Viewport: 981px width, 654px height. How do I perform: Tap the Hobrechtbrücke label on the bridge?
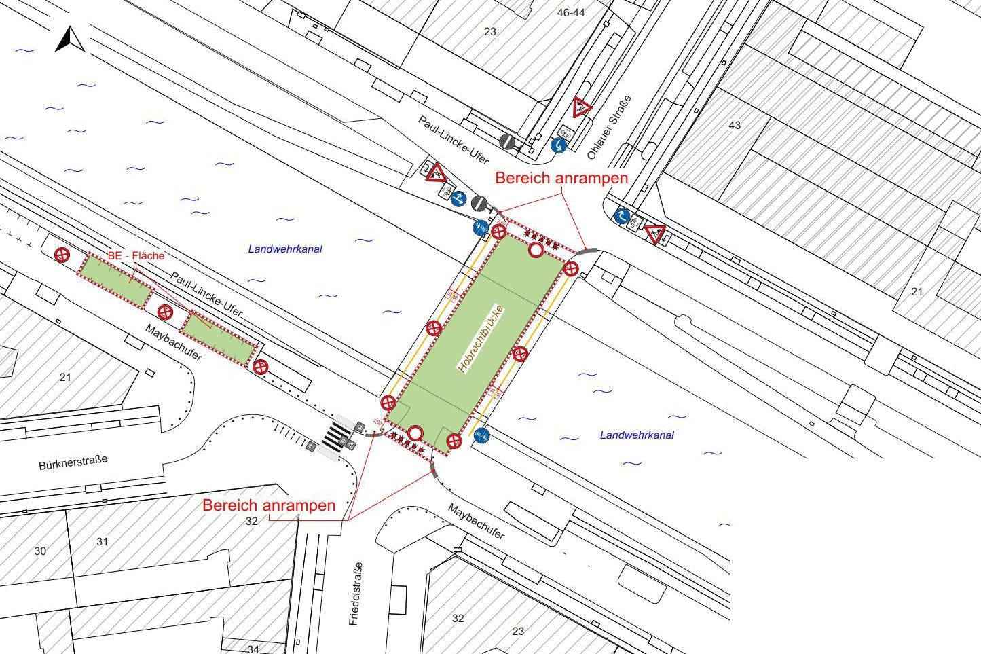tap(479, 338)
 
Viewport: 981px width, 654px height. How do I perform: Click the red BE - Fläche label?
tap(136, 255)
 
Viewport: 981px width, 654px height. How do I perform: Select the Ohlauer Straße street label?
tap(609, 128)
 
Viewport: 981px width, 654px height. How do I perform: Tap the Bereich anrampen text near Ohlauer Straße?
tap(561, 178)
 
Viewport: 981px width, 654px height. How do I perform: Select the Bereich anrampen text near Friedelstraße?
tap(269, 505)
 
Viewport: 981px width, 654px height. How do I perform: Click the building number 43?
tap(735, 125)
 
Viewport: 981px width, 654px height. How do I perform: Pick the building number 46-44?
tap(570, 13)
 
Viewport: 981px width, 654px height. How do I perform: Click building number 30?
tap(40, 551)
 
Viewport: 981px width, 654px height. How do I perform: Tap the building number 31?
tap(102, 542)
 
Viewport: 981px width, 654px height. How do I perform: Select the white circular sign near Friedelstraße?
tap(415, 433)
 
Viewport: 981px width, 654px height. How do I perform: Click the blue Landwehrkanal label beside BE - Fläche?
tap(285, 249)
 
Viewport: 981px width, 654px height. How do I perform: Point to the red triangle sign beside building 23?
tap(581, 107)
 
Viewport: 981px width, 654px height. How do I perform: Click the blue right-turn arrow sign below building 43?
tap(621, 216)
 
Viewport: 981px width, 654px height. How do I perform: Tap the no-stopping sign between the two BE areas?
tap(165, 312)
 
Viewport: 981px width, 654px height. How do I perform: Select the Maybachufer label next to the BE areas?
tap(173, 342)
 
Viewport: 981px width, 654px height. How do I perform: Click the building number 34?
tap(253, 649)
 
